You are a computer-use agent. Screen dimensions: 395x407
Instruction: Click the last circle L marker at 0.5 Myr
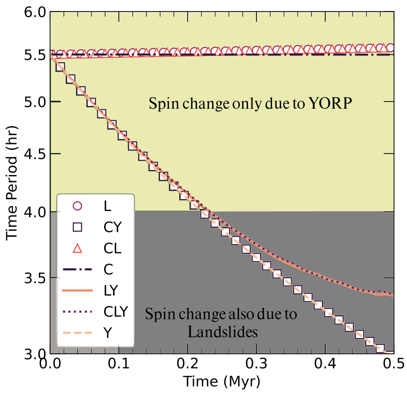(390, 48)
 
